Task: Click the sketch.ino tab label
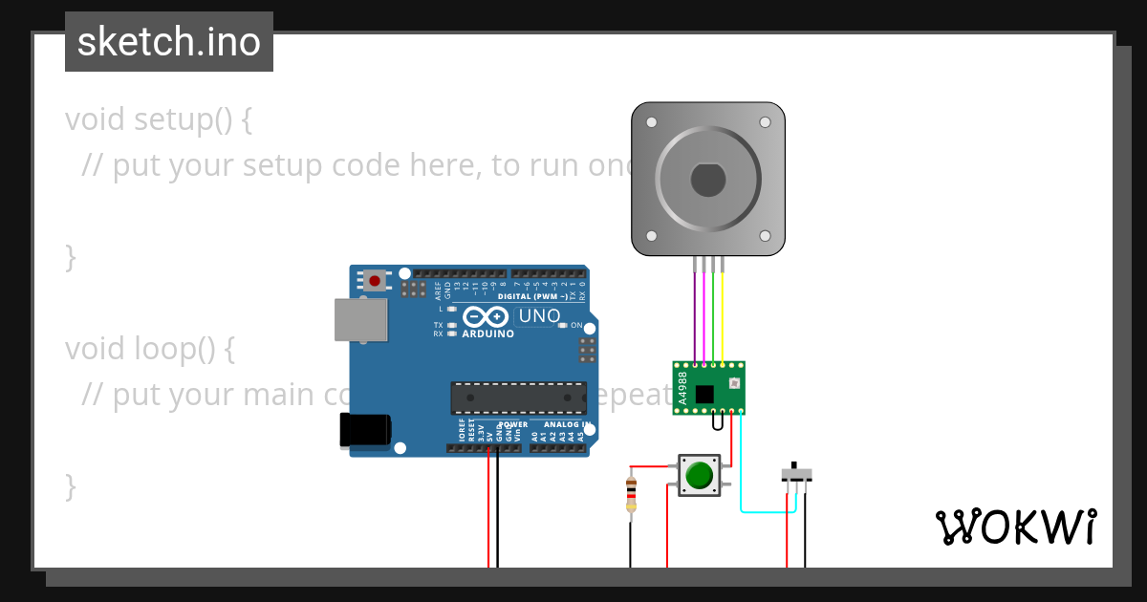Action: pyautogui.click(x=169, y=42)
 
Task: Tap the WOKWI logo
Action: pyautogui.click(x=1015, y=527)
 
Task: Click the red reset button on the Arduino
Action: pyautogui.click(x=376, y=281)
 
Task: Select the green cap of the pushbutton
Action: pyautogui.click(x=700, y=475)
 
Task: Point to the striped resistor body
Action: pyautogui.click(x=631, y=493)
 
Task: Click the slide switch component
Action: pyautogui.click(x=796, y=474)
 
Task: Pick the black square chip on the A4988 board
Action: pyautogui.click(x=704, y=394)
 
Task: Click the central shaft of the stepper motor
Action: pyautogui.click(x=708, y=181)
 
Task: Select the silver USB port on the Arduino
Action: pyautogui.click(x=361, y=319)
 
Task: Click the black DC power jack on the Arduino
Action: pyautogui.click(x=364, y=430)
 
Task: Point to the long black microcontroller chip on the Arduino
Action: pyautogui.click(x=519, y=398)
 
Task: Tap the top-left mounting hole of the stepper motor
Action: pyautogui.click(x=652, y=122)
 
